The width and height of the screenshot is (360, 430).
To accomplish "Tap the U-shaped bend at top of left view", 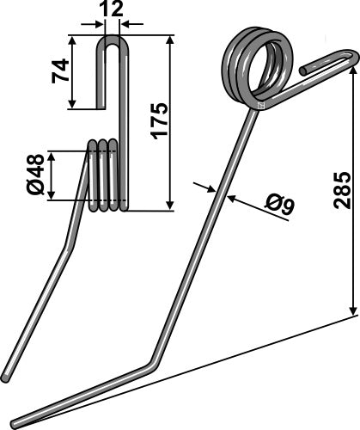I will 112,40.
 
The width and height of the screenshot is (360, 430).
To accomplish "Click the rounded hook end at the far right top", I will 351,57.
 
